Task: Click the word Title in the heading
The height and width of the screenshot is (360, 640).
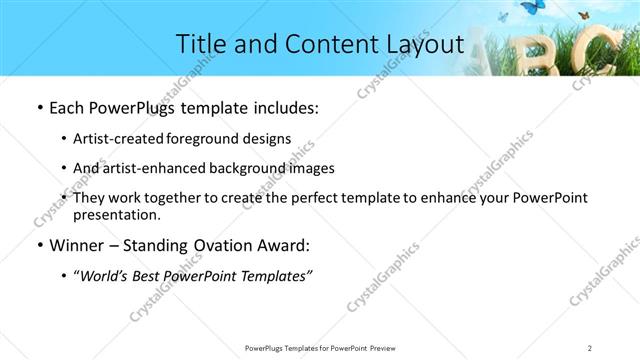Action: coord(199,44)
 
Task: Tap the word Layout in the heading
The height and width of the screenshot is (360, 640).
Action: coord(421,44)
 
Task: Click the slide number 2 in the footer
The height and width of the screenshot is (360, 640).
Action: coord(590,347)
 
